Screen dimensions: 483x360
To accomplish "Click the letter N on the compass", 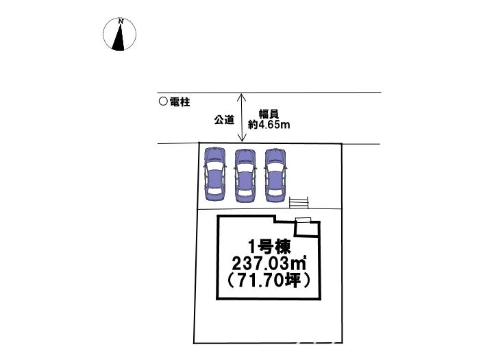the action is coord(121,21).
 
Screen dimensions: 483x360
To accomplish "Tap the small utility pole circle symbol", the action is coord(163,101).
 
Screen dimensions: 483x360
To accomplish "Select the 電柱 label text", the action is coord(180,102).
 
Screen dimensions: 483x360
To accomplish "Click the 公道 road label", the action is coord(224,119).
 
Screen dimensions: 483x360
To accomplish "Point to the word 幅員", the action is coord(269,114).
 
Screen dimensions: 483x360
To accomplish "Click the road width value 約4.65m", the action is coord(269,125).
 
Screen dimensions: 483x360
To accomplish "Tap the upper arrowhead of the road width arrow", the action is coord(241,97).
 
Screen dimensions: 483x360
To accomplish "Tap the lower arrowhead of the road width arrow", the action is coord(242,138).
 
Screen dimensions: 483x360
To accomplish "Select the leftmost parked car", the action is coord(214,174).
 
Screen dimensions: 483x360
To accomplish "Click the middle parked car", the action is coord(245,176).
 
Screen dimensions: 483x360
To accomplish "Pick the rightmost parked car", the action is coord(275,176).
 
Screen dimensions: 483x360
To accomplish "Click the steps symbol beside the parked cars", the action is coord(299,203).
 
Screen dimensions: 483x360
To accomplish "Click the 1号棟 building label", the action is coord(269,247).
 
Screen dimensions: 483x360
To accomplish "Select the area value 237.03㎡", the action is coord(269,264).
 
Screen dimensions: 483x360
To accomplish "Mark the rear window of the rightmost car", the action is coord(275,192).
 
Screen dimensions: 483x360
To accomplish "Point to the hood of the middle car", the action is coord(245,156).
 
